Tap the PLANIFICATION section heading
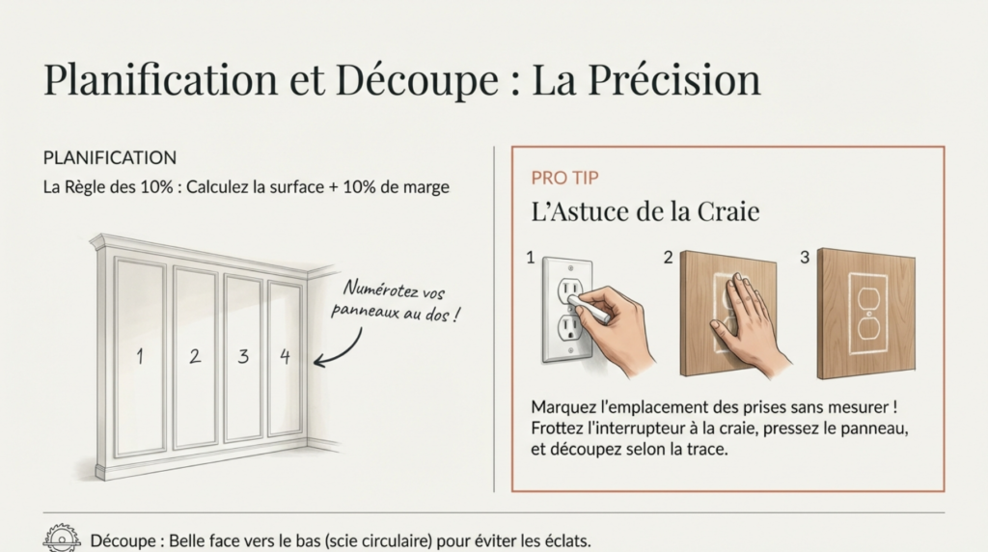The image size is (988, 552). click(110, 157)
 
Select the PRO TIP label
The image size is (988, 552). click(564, 179)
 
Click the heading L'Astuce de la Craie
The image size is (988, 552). click(645, 211)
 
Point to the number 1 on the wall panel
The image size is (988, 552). click(140, 356)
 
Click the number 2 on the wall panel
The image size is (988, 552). click(195, 356)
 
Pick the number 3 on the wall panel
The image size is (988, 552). click(243, 356)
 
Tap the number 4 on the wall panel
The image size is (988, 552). click(285, 356)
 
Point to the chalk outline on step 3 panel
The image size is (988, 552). click(866, 315)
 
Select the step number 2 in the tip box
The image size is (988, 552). click(668, 258)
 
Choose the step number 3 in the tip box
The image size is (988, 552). click(805, 258)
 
